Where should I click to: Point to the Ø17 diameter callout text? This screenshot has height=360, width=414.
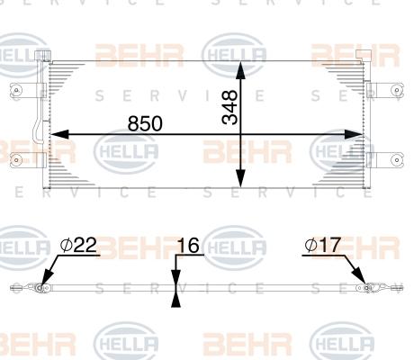point(321,245)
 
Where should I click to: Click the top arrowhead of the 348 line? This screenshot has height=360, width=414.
point(240,69)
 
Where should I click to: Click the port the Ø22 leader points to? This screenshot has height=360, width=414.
point(40,288)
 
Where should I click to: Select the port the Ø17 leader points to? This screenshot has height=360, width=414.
point(364,287)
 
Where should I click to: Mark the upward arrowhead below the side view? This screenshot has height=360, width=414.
point(176,300)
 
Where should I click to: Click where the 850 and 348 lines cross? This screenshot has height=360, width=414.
point(240,136)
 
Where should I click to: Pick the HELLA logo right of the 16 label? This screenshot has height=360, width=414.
point(236,245)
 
